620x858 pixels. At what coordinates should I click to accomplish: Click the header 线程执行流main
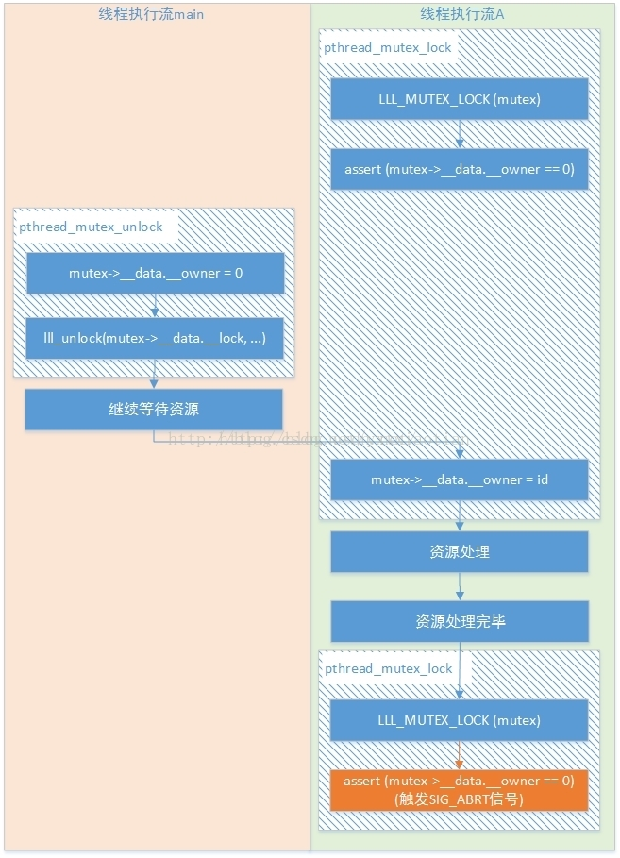pos(151,14)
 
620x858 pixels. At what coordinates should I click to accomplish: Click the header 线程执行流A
pos(461,14)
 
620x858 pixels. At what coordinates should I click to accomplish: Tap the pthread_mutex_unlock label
pos(91,227)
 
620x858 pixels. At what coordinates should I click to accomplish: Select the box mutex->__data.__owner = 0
pos(155,273)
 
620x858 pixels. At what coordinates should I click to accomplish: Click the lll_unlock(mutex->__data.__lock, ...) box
pos(155,338)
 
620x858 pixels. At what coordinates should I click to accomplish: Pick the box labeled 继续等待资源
pos(154,410)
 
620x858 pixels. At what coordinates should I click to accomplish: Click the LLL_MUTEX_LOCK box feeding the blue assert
pos(460,98)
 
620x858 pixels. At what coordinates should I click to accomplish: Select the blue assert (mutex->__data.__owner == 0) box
pos(460,169)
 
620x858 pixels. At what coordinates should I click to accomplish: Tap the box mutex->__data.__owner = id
pos(460,479)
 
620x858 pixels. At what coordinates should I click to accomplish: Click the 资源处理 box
pos(460,551)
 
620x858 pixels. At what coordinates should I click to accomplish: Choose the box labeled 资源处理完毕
pos(460,622)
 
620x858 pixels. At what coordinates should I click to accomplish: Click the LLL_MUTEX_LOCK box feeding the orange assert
pos(460,720)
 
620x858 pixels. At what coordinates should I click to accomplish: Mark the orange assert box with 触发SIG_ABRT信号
pos(460,790)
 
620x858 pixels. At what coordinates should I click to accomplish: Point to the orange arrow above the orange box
pos(460,755)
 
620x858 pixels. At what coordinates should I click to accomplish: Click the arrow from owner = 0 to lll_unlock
pos(155,305)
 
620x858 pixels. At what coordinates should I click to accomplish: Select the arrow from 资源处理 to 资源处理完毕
pos(460,587)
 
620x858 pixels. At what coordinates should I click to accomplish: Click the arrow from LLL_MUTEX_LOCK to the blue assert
pos(460,133)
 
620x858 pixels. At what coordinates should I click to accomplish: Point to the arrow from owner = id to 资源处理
pos(460,515)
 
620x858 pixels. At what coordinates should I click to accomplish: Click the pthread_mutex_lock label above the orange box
pos(389,668)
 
